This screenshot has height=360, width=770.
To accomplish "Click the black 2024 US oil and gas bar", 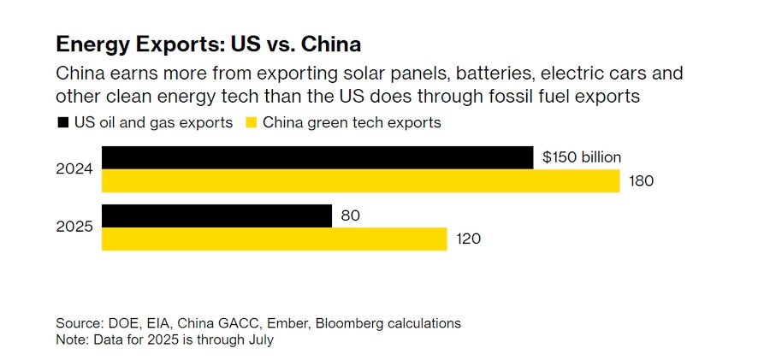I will pos(317,157).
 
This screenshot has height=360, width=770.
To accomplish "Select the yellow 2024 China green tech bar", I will pos(360,181).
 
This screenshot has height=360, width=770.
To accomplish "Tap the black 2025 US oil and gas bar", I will pos(216,216).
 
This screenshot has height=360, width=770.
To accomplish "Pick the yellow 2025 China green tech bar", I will pos(274,239).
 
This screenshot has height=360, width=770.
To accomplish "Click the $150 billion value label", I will pos(582,157).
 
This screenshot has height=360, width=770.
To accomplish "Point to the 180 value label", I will pos(641,181).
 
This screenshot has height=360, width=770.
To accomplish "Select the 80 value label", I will pos(350,216).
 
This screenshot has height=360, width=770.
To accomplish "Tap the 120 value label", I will pos(468,239).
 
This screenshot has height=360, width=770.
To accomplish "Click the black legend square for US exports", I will pos(62,122).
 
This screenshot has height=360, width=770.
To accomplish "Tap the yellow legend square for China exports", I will pos(251,122).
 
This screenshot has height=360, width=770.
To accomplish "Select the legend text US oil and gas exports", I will pos(153,122).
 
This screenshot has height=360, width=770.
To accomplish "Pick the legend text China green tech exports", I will pos(352,122).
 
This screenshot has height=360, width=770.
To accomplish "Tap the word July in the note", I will pos(258,339).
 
